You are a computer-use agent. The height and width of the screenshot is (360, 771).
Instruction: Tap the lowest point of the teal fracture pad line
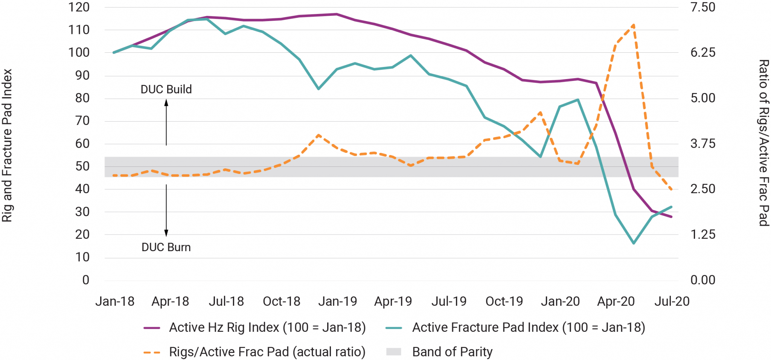[634, 243]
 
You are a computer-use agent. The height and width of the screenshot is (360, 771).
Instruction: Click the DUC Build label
[166, 89]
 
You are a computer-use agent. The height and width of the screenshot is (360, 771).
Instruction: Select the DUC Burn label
[166, 247]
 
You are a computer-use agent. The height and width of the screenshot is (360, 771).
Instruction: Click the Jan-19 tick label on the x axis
[337, 301]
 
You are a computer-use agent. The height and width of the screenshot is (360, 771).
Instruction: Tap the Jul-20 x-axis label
[672, 301]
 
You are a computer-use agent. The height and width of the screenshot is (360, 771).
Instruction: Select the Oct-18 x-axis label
[281, 301]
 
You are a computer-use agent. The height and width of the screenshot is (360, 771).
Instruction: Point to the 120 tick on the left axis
[79, 7]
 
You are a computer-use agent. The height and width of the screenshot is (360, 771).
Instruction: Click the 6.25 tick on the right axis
[702, 52]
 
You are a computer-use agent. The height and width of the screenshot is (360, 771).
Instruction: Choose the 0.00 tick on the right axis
[702, 280]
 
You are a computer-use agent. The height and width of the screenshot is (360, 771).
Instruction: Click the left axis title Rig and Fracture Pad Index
[7, 145]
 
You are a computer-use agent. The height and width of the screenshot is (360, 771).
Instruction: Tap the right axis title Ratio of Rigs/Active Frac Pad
[763, 143]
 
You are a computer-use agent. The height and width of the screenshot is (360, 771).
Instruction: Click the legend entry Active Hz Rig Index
[267, 327]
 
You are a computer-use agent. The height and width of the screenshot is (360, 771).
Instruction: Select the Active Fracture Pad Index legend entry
[529, 327]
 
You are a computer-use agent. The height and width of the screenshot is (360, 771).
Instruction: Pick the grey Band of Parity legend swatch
[394, 352]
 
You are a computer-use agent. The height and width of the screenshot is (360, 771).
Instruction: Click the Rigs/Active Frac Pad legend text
[267, 352]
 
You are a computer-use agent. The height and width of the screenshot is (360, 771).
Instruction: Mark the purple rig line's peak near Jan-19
[337, 14]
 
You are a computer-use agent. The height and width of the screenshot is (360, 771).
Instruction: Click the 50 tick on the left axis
[82, 166]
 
